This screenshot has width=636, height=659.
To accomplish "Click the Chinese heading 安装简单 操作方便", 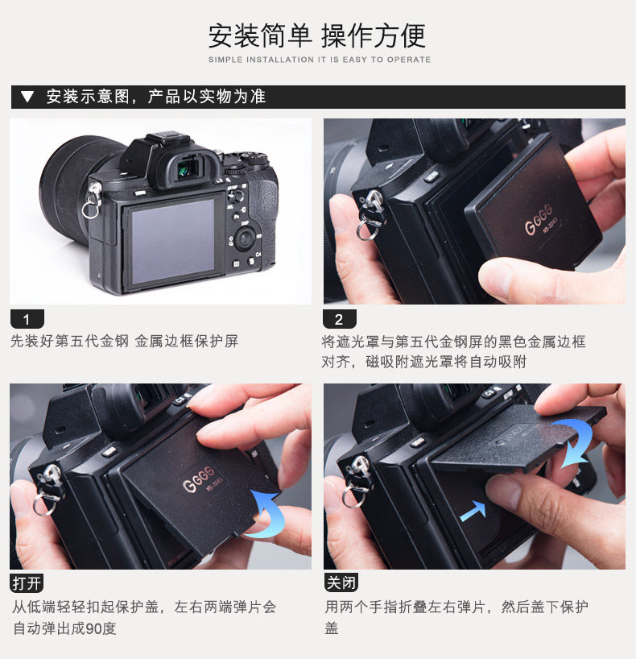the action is coord(317,36).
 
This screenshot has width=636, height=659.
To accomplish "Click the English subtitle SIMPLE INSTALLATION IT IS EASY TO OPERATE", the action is coord(320,60).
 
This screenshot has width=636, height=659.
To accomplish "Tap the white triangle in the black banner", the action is coord(27,97).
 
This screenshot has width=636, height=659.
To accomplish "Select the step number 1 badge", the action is coord(27,319).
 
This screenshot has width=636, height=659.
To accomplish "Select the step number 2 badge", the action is coord(340,319).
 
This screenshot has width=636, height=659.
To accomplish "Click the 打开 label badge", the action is coord(27,583).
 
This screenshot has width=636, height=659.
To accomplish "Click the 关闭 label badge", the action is coord(341,582).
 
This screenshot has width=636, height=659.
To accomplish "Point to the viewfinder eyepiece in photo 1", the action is coord(188,168).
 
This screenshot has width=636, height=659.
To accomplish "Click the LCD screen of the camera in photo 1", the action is coord(173,241).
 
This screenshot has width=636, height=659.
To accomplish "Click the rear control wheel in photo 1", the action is coord(245,238).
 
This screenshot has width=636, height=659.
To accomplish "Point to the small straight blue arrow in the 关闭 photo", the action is coord(474,511).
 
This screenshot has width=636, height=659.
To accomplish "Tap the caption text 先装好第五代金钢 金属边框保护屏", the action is coord(124,341).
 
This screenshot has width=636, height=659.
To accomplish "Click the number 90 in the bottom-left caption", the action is coord(93,628).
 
